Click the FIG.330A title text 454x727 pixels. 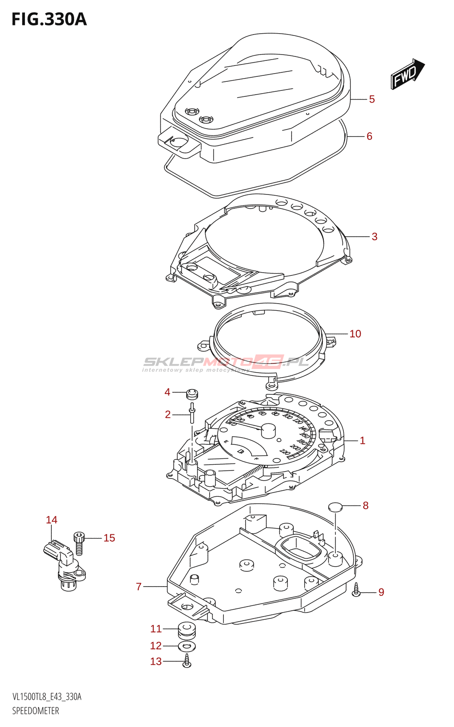(49, 20)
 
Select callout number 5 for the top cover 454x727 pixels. (372, 99)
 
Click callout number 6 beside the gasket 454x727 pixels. (369, 136)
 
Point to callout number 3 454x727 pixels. (375, 237)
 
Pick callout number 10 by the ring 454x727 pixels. (355, 334)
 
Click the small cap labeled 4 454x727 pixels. (193, 393)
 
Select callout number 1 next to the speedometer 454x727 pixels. (362, 440)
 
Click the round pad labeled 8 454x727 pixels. (335, 507)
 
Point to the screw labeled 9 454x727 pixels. (356, 590)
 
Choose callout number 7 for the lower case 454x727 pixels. (139, 587)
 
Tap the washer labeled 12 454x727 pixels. (187, 646)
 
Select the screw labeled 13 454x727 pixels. (187, 661)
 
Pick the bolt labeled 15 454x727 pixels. (79, 543)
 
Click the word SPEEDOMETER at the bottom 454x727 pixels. (36, 711)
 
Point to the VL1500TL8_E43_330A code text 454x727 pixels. (47, 697)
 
